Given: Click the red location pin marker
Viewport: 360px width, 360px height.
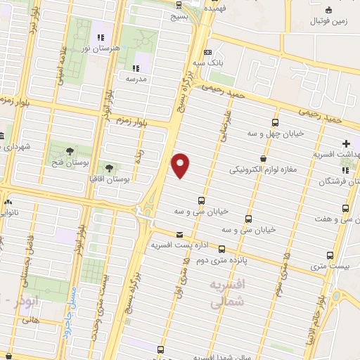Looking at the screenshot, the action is pos(181,165).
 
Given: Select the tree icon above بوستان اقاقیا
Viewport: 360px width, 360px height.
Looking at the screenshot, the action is pos(110,167).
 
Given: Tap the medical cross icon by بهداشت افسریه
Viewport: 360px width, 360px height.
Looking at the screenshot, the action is pos(346,143).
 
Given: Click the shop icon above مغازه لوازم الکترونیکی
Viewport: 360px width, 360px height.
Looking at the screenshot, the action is pos(263,159).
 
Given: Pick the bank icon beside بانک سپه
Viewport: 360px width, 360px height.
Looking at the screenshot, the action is pos(207,52).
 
